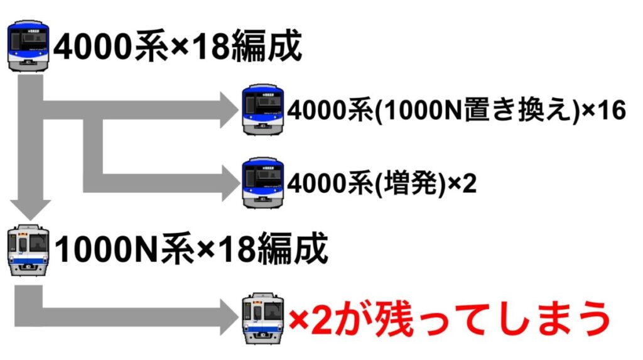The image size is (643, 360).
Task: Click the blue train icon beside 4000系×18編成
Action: [x=28, y=46]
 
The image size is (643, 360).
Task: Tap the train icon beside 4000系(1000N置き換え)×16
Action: [x=263, y=109]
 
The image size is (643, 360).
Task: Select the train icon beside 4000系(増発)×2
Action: [x=263, y=183]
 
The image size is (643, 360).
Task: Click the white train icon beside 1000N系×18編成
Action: [x=28, y=249]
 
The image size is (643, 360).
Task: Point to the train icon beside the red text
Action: [x=263, y=318]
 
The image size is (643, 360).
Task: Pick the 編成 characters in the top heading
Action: [x=266, y=46]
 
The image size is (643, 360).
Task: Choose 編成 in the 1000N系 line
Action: [x=293, y=249]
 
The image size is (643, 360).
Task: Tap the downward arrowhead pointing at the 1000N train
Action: [x=30, y=210]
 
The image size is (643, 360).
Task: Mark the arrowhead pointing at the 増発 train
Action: [x=231, y=183]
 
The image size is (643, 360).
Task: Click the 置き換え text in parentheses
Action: [x=517, y=110]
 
